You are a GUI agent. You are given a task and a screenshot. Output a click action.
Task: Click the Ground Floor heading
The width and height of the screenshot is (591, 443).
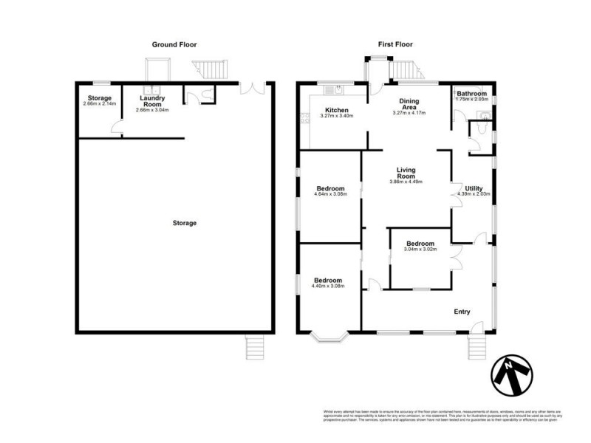click(x=174, y=45)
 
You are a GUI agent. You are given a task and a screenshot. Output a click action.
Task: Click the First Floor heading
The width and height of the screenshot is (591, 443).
click(x=394, y=45)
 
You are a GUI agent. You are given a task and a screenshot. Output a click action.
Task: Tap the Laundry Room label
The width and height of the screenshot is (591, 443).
click(x=152, y=101)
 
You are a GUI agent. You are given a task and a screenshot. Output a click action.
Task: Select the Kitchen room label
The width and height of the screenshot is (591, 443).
click(x=334, y=111)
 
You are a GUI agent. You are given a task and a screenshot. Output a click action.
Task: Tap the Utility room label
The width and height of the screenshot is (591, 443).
click(x=474, y=188)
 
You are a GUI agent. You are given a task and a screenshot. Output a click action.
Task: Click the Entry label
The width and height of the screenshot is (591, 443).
click(x=462, y=312)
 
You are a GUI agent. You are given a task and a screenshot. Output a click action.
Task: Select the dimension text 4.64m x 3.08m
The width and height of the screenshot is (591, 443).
click(x=329, y=194)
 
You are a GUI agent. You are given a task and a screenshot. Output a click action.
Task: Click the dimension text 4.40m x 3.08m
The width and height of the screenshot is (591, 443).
click(x=328, y=286)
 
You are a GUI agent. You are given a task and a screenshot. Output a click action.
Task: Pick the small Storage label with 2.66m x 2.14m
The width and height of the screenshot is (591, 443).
click(x=99, y=101)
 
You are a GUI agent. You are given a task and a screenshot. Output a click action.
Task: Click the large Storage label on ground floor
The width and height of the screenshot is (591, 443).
click(x=185, y=223)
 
